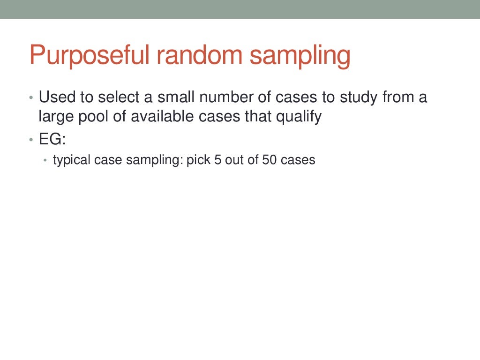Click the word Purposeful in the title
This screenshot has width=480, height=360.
(x=89, y=55)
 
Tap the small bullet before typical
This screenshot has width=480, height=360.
(x=45, y=161)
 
